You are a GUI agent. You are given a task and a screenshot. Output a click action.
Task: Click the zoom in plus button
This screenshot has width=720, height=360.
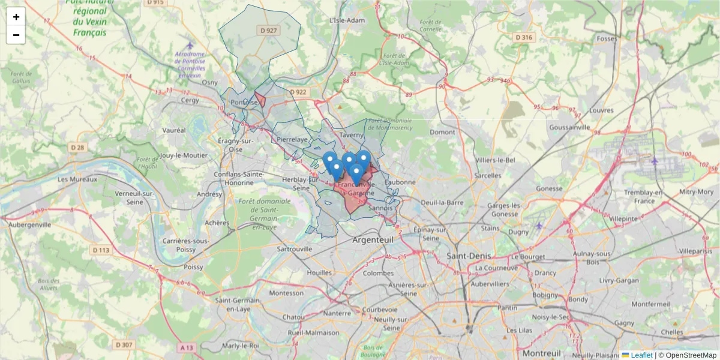(x=16, y=17)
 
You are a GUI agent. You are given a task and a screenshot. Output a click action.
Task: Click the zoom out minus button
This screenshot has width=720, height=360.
(x=16, y=35)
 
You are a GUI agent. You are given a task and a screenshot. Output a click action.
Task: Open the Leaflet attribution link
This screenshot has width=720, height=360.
(x=641, y=355)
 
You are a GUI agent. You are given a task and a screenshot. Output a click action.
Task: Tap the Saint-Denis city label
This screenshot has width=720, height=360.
(x=469, y=256)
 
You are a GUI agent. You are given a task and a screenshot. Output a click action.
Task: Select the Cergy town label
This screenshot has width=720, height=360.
(x=190, y=100)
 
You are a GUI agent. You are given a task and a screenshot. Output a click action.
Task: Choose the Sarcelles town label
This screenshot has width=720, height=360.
(x=487, y=175)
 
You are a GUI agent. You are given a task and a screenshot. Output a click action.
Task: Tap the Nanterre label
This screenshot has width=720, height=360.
(x=337, y=313)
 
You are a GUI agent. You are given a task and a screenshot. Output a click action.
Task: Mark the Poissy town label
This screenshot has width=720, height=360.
(x=193, y=266)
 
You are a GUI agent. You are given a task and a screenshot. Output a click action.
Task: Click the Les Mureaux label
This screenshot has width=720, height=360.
(x=78, y=179)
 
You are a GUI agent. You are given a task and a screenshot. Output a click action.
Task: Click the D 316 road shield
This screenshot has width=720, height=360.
(x=524, y=37)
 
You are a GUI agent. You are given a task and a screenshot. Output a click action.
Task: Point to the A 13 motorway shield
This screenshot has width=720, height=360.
(x=187, y=347)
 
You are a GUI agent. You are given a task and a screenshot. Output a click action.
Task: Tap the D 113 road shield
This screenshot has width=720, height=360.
(x=101, y=250)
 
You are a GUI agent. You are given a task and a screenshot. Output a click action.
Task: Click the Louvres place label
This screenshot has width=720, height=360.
(x=601, y=110)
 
